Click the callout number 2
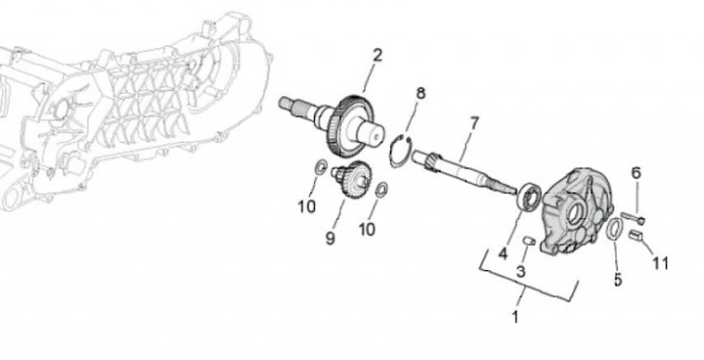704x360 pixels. tap(377, 56)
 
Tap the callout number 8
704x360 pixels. tap(420, 94)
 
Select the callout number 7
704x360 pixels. tap(474, 122)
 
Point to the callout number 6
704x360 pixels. tap(637, 172)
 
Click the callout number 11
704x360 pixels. tap(660, 263)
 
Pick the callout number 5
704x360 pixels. tap(618, 280)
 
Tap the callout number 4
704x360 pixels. tap(504, 254)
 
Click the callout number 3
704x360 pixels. tap(521, 271)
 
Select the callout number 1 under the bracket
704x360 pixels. tap(515, 317)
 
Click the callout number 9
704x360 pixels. tap(330, 238)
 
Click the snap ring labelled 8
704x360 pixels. tap(400, 152)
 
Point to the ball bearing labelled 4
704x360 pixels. tap(529, 196)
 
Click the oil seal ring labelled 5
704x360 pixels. tap(614, 229)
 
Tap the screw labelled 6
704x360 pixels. tap(633, 217)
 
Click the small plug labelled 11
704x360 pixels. tap(636, 235)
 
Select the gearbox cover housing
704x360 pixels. tap(577, 210)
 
